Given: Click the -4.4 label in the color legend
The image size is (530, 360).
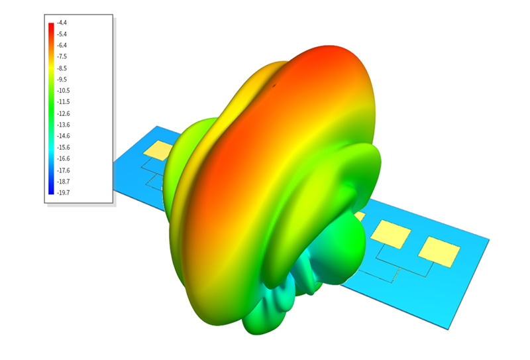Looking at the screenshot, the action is [x=62, y=23].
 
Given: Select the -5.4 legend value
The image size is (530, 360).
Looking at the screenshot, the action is [x=62, y=34].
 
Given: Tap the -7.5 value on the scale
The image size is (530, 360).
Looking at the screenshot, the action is [x=62, y=56].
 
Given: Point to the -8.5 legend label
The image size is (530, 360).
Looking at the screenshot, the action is [x=62, y=68].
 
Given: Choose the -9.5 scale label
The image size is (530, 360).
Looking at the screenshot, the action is [x=62, y=80].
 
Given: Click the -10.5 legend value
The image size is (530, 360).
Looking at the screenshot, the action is [x=63, y=91].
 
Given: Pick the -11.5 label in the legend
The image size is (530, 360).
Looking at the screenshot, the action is [x=63, y=102].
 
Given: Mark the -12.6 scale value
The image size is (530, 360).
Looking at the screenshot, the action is [x=63, y=113].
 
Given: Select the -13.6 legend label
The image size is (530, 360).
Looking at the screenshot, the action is [x=63, y=125].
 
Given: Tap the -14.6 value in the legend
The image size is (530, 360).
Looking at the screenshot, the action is [x=63, y=136].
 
